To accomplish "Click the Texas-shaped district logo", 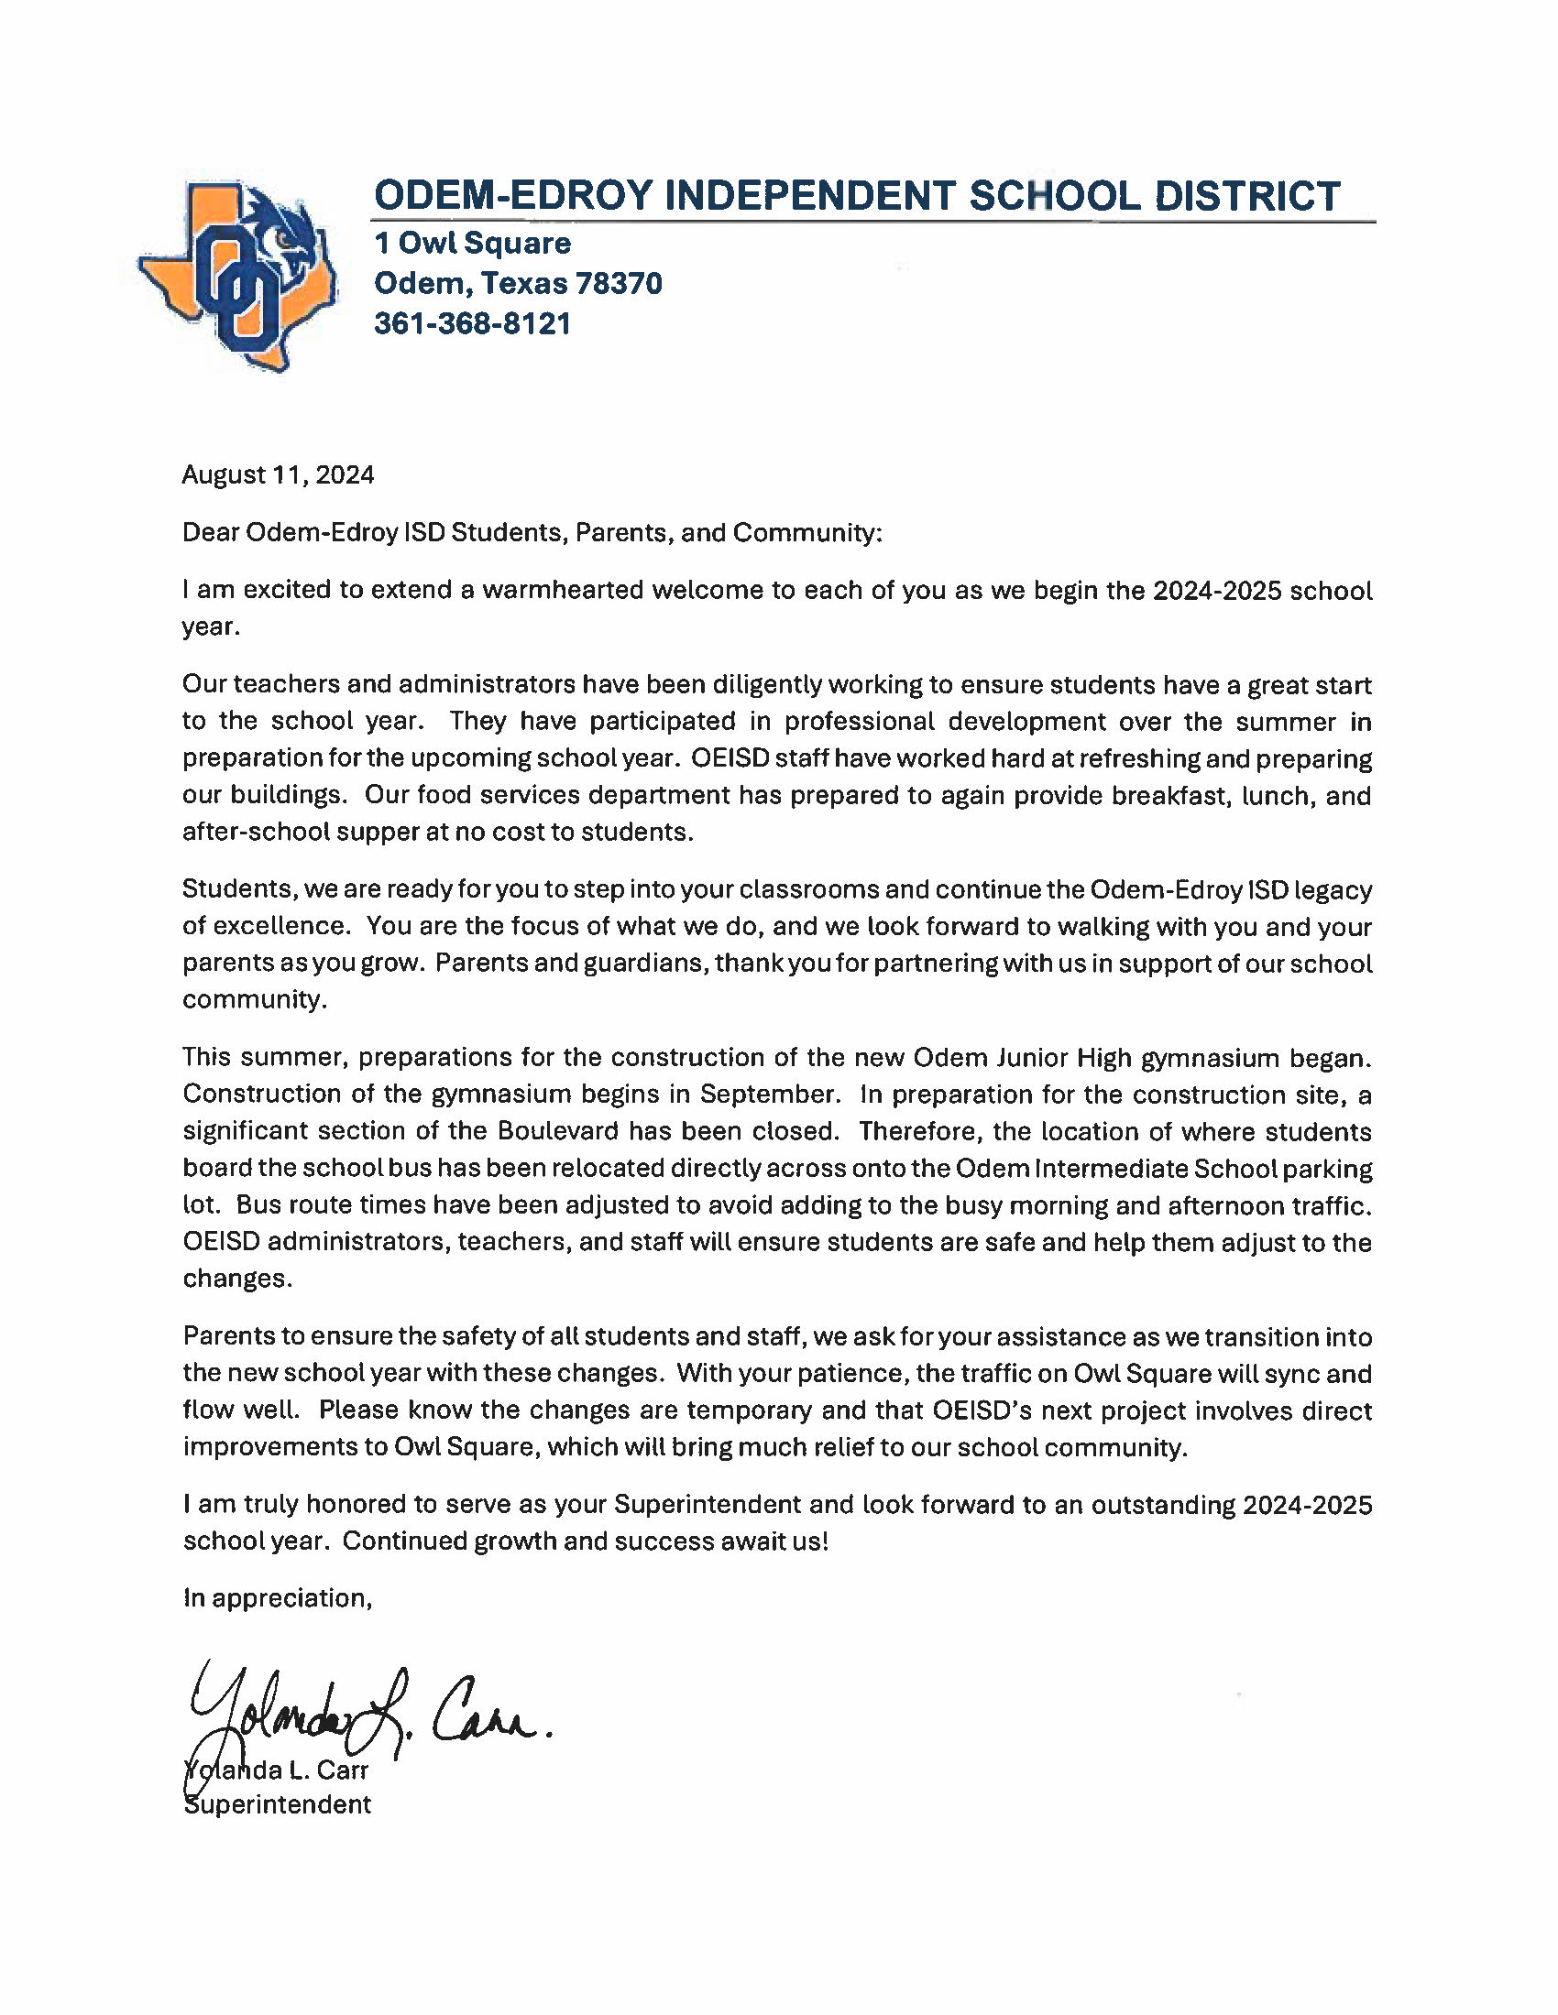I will [237, 275].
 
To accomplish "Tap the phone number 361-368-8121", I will [473, 324].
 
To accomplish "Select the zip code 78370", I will [619, 283].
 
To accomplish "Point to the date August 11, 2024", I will [278, 475].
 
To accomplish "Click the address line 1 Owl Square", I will [473, 244].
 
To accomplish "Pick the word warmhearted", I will [562, 591].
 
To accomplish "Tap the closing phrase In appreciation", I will [277, 1598].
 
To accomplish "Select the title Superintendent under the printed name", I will [278, 1804].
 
